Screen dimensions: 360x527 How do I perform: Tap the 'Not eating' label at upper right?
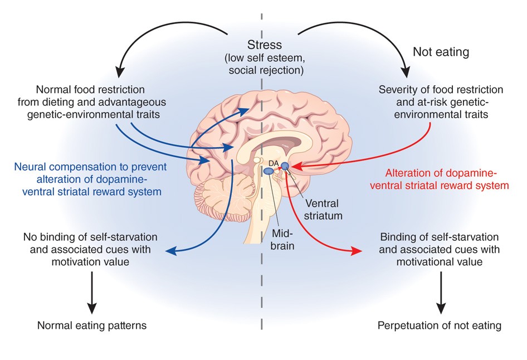click(x=441, y=52)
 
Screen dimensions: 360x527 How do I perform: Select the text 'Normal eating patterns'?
click(x=92, y=325)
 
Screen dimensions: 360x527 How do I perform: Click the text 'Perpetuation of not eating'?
click(x=440, y=325)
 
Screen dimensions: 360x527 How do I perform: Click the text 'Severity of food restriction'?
click(x=441, y=89)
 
